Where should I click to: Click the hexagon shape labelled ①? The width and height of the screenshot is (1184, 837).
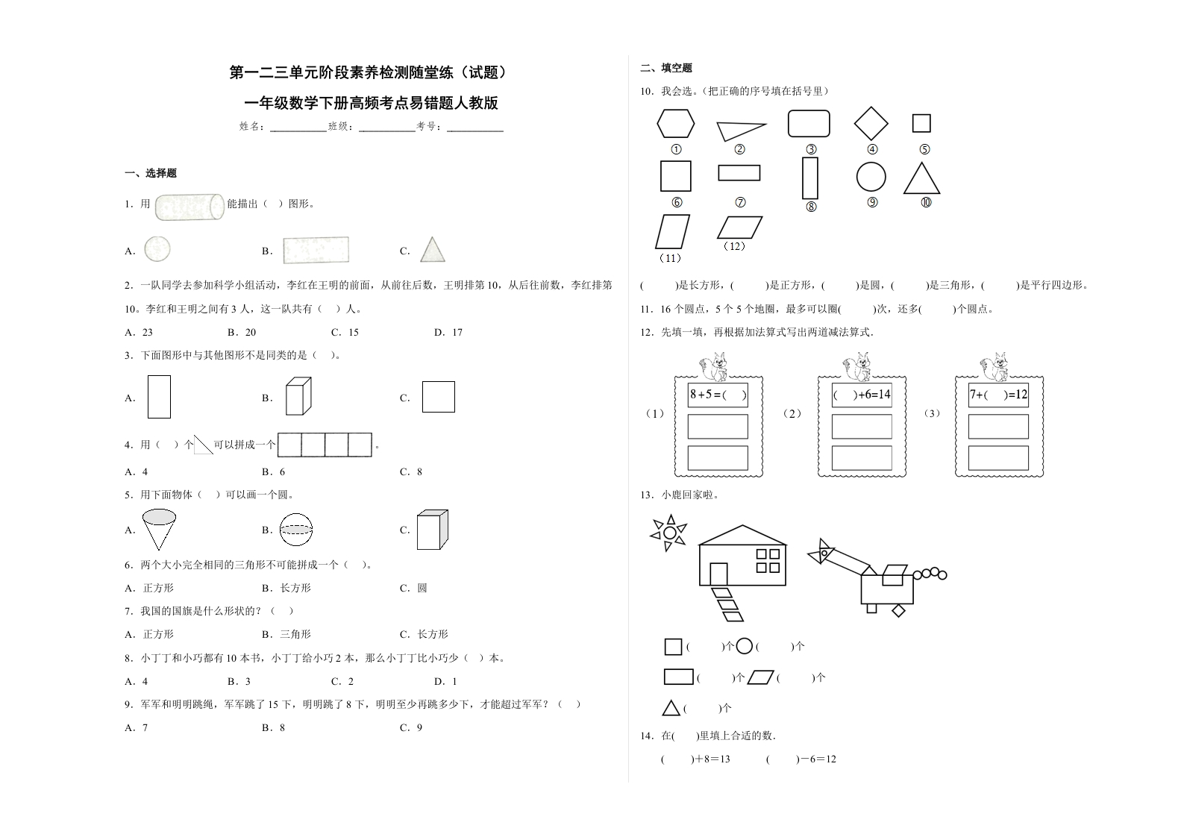pos(675,124)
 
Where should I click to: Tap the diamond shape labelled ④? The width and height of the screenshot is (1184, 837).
pos(871,124)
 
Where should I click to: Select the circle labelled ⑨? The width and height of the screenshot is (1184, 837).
pos(871,178)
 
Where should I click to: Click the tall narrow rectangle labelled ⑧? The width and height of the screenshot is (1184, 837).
pos(810,178)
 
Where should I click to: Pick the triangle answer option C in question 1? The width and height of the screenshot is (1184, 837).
pos(432,251)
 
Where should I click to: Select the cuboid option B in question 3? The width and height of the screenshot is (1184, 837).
pos(298,396)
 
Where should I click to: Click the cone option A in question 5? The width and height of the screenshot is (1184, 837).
pos(159,528)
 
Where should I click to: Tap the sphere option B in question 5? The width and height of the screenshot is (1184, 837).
pos(296,530)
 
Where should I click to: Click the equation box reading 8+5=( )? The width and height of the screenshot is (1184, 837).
pos(718,395)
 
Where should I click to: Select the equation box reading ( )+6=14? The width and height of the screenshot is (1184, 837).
pos(862,395)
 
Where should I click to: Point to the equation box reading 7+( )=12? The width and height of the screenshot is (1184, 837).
pos(998,395)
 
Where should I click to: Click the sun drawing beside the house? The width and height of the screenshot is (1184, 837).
pos(669,533)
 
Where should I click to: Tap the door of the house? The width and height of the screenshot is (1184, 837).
pos(718,574)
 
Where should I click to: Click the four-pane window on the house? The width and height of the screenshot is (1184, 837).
pos(768,560)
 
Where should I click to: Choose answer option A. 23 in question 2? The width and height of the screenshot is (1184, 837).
pos(139,332)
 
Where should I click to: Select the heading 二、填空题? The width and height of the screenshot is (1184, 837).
pos(666,68)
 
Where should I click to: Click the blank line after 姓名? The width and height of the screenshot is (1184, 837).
pos(298,128)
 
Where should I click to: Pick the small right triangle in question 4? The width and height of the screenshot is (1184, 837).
pos(202,445)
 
